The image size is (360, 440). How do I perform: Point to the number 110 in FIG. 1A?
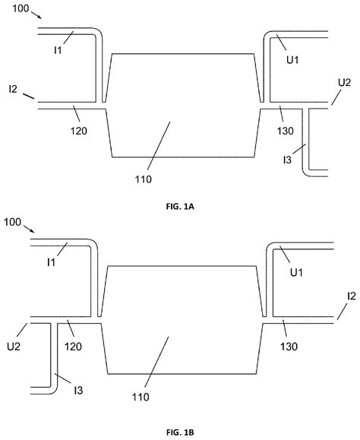pos(142,179)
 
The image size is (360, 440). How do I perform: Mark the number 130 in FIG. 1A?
pos(287,131)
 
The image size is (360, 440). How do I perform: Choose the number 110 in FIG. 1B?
pos(141,396)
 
